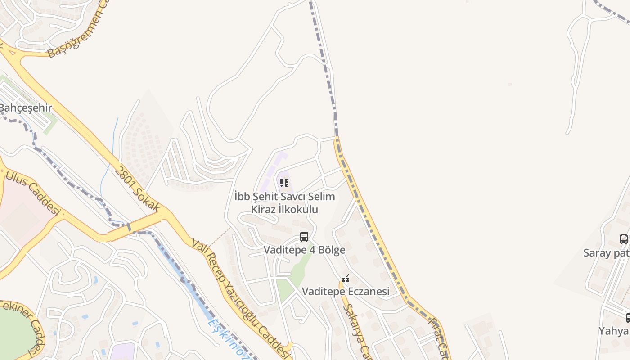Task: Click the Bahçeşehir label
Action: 26,108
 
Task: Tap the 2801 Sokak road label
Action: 138,189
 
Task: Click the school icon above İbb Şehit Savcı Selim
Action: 284,183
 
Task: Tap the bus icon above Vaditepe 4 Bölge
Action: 304,237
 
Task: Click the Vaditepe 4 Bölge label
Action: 304,250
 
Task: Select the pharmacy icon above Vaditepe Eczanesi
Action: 346,279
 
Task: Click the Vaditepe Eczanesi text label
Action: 346,292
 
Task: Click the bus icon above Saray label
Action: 624,239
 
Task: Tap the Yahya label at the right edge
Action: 613,331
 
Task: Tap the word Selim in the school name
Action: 322,197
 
